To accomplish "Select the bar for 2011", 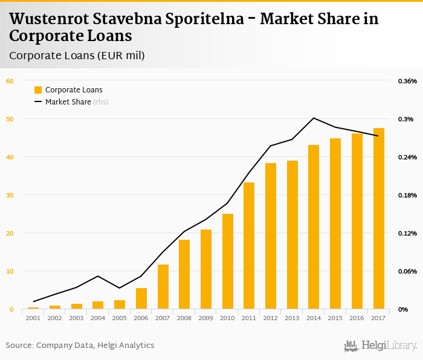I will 249,246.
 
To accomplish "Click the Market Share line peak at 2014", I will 314,118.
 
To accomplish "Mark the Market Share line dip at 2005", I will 120,288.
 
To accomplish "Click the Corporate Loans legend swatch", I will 38,90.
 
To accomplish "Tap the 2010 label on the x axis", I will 227,317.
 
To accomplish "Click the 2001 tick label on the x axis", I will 33,317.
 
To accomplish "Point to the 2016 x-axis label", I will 357,317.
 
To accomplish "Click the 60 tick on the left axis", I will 9,81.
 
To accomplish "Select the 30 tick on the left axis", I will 9,195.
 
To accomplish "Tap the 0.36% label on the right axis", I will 407,81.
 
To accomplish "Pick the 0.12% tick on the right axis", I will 407,233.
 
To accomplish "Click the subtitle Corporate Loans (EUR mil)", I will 77,56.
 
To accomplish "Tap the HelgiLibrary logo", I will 381,346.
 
